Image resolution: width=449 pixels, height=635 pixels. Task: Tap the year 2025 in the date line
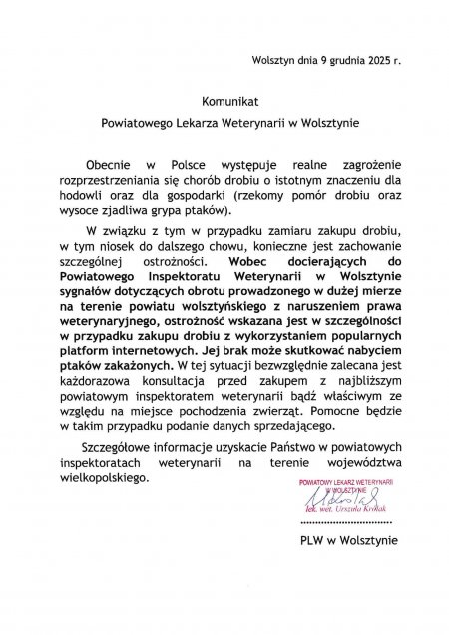coord(376,60)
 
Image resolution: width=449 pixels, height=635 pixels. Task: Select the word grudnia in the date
coord(336,60)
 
